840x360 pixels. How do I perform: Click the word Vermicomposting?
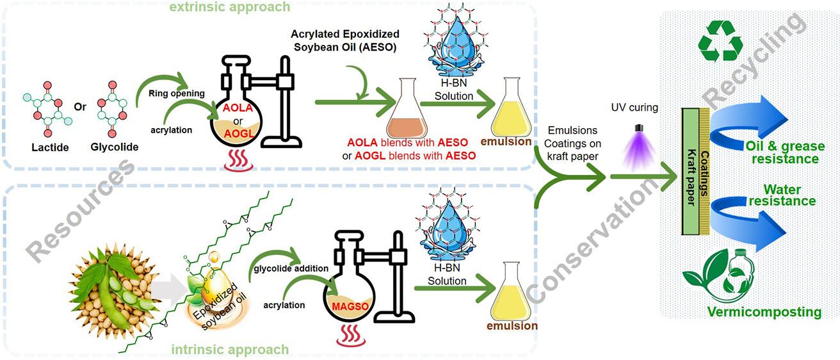coord(755,312)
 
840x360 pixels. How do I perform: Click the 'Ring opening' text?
coord(176,93)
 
